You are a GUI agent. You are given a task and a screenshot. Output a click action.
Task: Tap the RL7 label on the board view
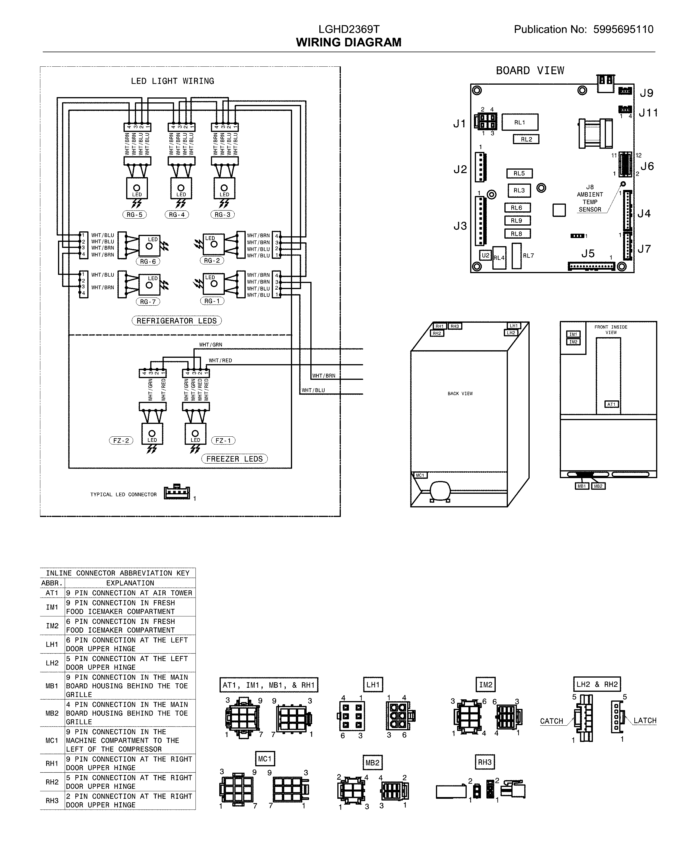point(528,255)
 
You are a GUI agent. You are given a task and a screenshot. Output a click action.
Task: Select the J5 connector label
point(588,254)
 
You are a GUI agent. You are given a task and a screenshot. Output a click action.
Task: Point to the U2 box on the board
point(486,255)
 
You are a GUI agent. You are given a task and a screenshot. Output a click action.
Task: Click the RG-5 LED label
point(135,215)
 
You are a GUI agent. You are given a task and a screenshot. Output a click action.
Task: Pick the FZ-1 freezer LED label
point(223,440)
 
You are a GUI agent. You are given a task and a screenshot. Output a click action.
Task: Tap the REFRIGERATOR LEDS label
point(177,321)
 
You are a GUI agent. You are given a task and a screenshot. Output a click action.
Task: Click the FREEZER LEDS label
point(234,459)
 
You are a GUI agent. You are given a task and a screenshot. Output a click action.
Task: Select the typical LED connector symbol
point(177,493)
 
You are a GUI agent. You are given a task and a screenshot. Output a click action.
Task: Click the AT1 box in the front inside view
point(611,404)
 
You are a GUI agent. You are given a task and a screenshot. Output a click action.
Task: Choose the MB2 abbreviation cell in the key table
point(52,713)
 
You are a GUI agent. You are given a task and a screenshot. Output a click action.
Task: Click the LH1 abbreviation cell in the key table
point(52,644)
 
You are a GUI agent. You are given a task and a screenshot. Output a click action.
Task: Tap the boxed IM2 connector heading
point(486,685)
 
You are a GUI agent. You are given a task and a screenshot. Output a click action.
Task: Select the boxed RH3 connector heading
point(485,762)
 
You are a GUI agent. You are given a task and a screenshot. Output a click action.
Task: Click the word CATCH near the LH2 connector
point(551,721)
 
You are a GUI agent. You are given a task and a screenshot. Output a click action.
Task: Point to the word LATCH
point(645,720)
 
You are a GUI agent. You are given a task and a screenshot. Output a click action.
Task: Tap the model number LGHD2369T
point(349,29)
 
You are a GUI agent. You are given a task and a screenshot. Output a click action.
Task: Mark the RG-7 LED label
point(148,302)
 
